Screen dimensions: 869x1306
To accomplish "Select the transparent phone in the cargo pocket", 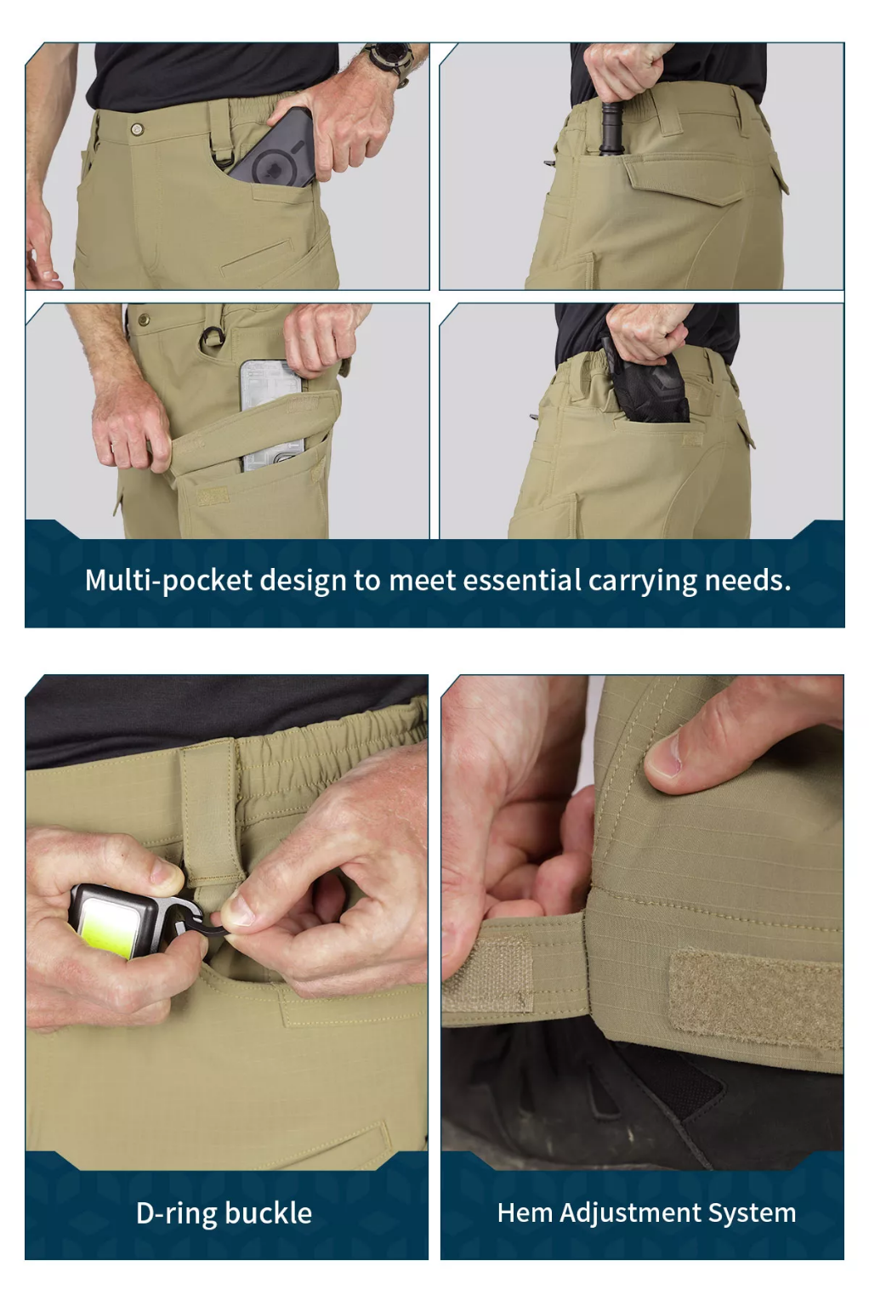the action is pyautogui.click(x=272, y=415).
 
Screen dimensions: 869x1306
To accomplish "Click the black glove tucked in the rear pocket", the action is pyautogui.click(x=646, y=383).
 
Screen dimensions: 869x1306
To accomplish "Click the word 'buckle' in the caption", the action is pyautogui.click(x=269, y=1213).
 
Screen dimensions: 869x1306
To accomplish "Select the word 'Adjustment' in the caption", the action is pyautogui.click(x=630, y=1212).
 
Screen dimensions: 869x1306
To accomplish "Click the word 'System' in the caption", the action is pyautogui.click(x=753, y=1212).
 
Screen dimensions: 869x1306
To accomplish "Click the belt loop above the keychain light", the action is pyautogui.click(x=211, y=810).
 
